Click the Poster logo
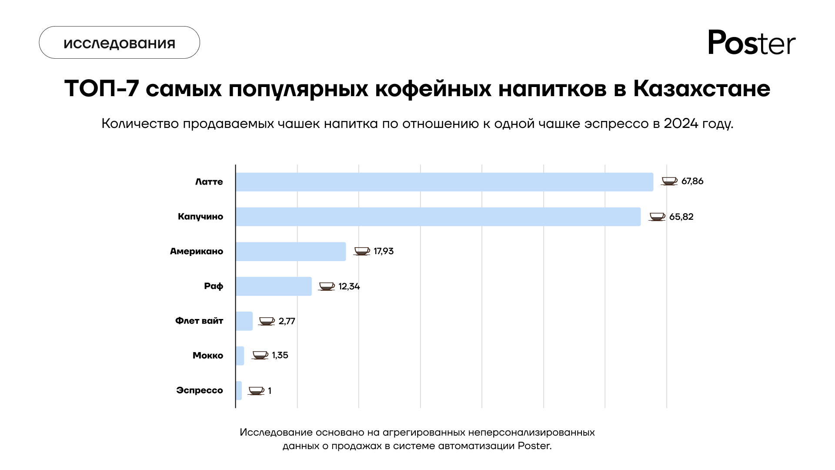tap(751, 43)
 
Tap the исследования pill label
tap(120, 43)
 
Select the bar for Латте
tap(444, 182)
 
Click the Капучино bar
tap(438, 217)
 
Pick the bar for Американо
tap(291, 252)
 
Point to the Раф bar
tap(274, 286)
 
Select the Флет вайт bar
tap(244, 321)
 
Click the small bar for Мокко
tap(240, 356)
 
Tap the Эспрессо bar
tap(239, 390)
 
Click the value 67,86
tap(692, 181)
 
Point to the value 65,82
tap(681, 217)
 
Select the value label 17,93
tap(383, 251)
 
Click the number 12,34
tap(349, 286)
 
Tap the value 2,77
tap(287, 321)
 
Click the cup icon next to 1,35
tap(260, 355)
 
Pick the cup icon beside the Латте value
tap(669, 181)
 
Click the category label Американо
tap(197, 251)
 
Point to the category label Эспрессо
tap(200, 390)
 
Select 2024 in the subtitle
tap(681, 124)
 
